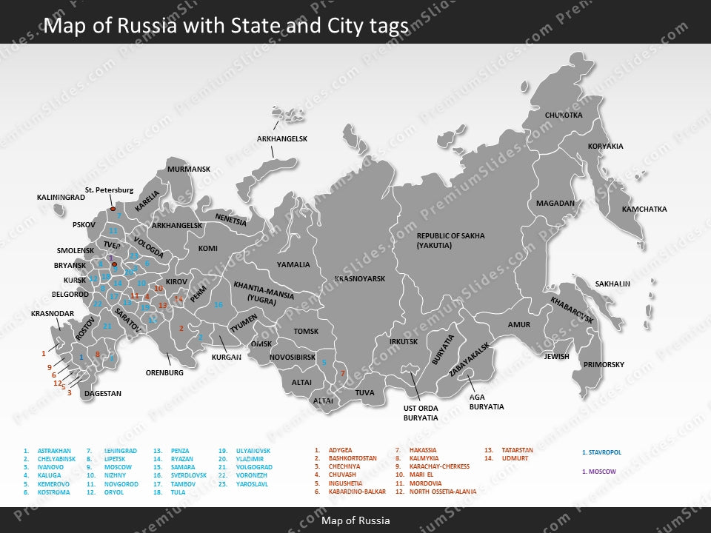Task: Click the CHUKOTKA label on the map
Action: pyautogui.click(x=564, y=115)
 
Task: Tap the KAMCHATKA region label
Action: pyautogui.click(x=644, y=209)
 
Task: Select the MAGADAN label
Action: pyautogui.click(x=555, y=204)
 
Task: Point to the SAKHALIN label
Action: pyautogui.click(x=612, y=284)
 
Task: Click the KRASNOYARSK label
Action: pyautogui.click(x=360, y=279)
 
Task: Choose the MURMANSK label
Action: pyautogui.click(x=189, y=170)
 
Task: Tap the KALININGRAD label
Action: pyautogui.click(x=61, y=198)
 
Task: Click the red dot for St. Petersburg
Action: pyautogui.click(x=113, y=209)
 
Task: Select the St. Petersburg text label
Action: pyautogui.click(x=109, y=190)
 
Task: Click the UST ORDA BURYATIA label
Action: pyautogui.click(x=420, y=413)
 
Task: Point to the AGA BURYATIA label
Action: pyautogui.click(x=487, y=402)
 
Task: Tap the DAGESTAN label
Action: pyautogui.click(x=102, y=394)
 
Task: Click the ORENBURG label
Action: pyautogui.click(x=164, y=373)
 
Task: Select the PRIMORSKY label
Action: pyautogui.click(x=604, y=365)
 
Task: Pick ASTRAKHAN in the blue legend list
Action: pyautogui.click(x=54, y=451)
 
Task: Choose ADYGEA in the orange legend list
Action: pyautogui.click(x=340, y=450)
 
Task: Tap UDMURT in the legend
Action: pyautogui.click(x=515, y=458)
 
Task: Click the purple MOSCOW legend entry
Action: pyautogui.click(x=601, y=472)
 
